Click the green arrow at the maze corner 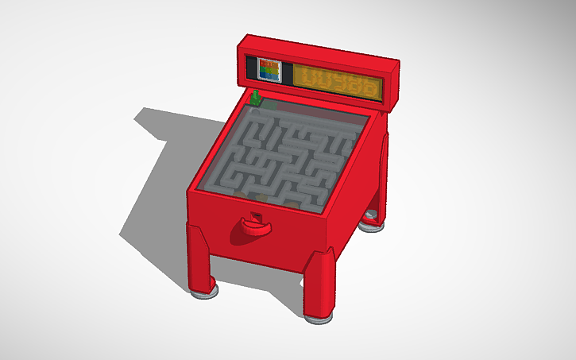pos(256,99)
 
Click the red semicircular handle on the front pos(251,230)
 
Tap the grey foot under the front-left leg pos(205,291)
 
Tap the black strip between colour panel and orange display pos(290,74)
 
